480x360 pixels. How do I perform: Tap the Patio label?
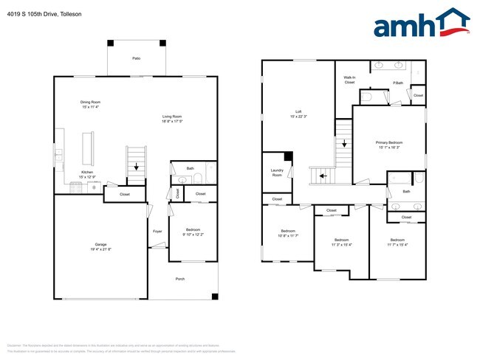[x=137, y=58]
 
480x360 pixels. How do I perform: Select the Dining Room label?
[x=91, y=105]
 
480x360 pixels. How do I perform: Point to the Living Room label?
[x=172, y=119]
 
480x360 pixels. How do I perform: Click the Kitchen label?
[x=87, y=175]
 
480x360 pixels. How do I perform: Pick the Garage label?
[x=100, y=246]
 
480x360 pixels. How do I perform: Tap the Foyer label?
[x=157, y=232]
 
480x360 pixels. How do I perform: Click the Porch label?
[x=179, y=279]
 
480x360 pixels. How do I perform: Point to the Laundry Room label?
[x=277, y=174]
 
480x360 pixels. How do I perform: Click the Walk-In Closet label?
[x=349, y=80]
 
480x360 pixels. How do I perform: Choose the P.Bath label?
[x=397, y=83]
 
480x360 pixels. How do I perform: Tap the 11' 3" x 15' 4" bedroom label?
[x=341, y=242]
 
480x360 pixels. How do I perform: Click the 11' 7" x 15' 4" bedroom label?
[x=397, y=242]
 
